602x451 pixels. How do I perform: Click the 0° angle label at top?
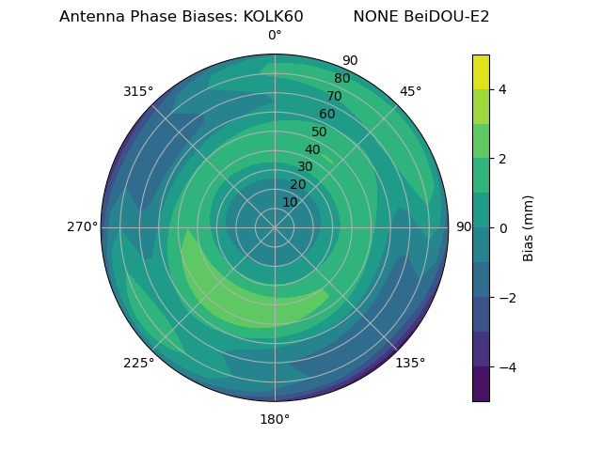click(x=275, y=36)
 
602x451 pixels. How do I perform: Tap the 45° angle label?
click(x=410, y=91)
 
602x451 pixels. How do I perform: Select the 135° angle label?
click(x=410, y=363)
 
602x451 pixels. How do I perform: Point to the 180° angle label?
click(x=275, y=419)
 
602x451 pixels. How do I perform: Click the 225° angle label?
click(x=138, y=363)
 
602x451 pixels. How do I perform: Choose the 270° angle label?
click(x=82, y=227)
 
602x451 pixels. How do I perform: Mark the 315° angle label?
click(x=138, y=91)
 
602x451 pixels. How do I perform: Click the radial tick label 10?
click(x=290, y=202)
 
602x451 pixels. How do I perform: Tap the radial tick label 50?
click(x=320, y=132)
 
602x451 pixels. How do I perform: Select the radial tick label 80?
click(x=342, y=79)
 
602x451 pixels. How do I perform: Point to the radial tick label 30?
click(x=305, y=167)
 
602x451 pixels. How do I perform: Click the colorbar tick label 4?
click(x=502, y=89)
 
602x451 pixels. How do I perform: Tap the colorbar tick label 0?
click(x=502, y=228)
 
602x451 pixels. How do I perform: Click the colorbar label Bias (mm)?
click(x=529, y=227)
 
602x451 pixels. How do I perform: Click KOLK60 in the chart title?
click(x=273, y=17)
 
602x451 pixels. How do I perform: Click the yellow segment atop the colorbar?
click(x=481, y=71)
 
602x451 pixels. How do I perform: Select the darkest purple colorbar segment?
click(x=481, y=383)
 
